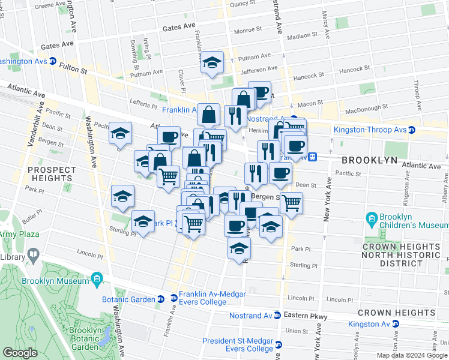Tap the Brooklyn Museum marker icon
[x=96, y=280]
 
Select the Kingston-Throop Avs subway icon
[x=412, y=130]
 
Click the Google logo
[x=20, y=353]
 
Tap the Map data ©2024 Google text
[x=412, y=355]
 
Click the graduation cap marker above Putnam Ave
[x=211, y=63]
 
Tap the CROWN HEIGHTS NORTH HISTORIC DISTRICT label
[x=401, y=255]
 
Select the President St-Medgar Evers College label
[x=237, y=344]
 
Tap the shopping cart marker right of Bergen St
[x=291, y=203]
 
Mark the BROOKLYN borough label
[x=370, y=160]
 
